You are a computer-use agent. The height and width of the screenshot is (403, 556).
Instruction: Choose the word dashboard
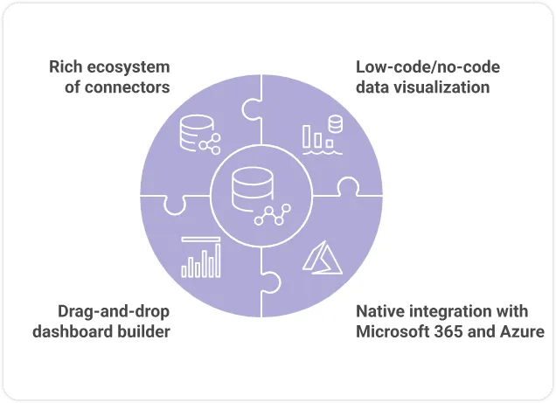[x=74, y=331]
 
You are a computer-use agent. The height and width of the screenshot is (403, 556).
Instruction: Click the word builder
[x=142, y=331]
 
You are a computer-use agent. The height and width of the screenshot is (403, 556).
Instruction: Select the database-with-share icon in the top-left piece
[x=198, y=135]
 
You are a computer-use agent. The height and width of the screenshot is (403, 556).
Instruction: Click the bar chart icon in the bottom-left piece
[x=200, y=257]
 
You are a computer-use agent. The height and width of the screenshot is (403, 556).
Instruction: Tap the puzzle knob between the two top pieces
[x=251, y=109]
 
